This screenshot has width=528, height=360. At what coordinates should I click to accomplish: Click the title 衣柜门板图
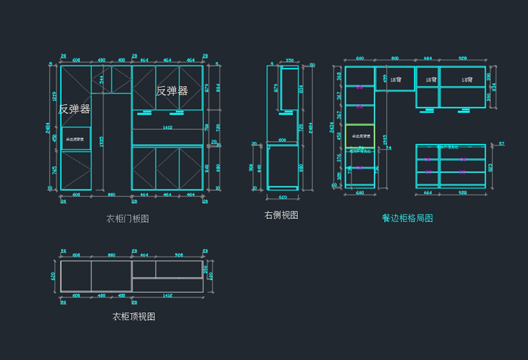tap(127, 219)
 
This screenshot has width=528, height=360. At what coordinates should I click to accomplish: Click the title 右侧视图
tap(281, 215)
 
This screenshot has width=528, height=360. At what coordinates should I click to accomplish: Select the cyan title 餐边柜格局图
tap(407, 218)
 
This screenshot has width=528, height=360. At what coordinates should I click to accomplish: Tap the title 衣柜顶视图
tap(134, 317)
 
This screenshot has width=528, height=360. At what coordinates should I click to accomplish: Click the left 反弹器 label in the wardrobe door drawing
tap(74, 109)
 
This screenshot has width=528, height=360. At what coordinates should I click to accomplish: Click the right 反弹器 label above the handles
tap(172, 91)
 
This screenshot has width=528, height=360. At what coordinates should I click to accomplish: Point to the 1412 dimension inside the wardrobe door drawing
tap(167, 128)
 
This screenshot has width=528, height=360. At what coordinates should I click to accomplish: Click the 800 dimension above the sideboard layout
tap(394, 58)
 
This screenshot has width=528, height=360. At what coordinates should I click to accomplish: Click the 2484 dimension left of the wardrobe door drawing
tap(49, 128)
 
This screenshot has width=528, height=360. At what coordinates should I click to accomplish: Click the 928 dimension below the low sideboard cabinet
tap(462, 193)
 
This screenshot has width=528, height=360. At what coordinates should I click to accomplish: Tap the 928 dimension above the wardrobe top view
tap(179, 255)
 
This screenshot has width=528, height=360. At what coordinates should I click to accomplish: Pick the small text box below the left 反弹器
tap(75, 139)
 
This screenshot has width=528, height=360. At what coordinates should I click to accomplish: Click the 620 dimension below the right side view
tap(282, 196)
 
